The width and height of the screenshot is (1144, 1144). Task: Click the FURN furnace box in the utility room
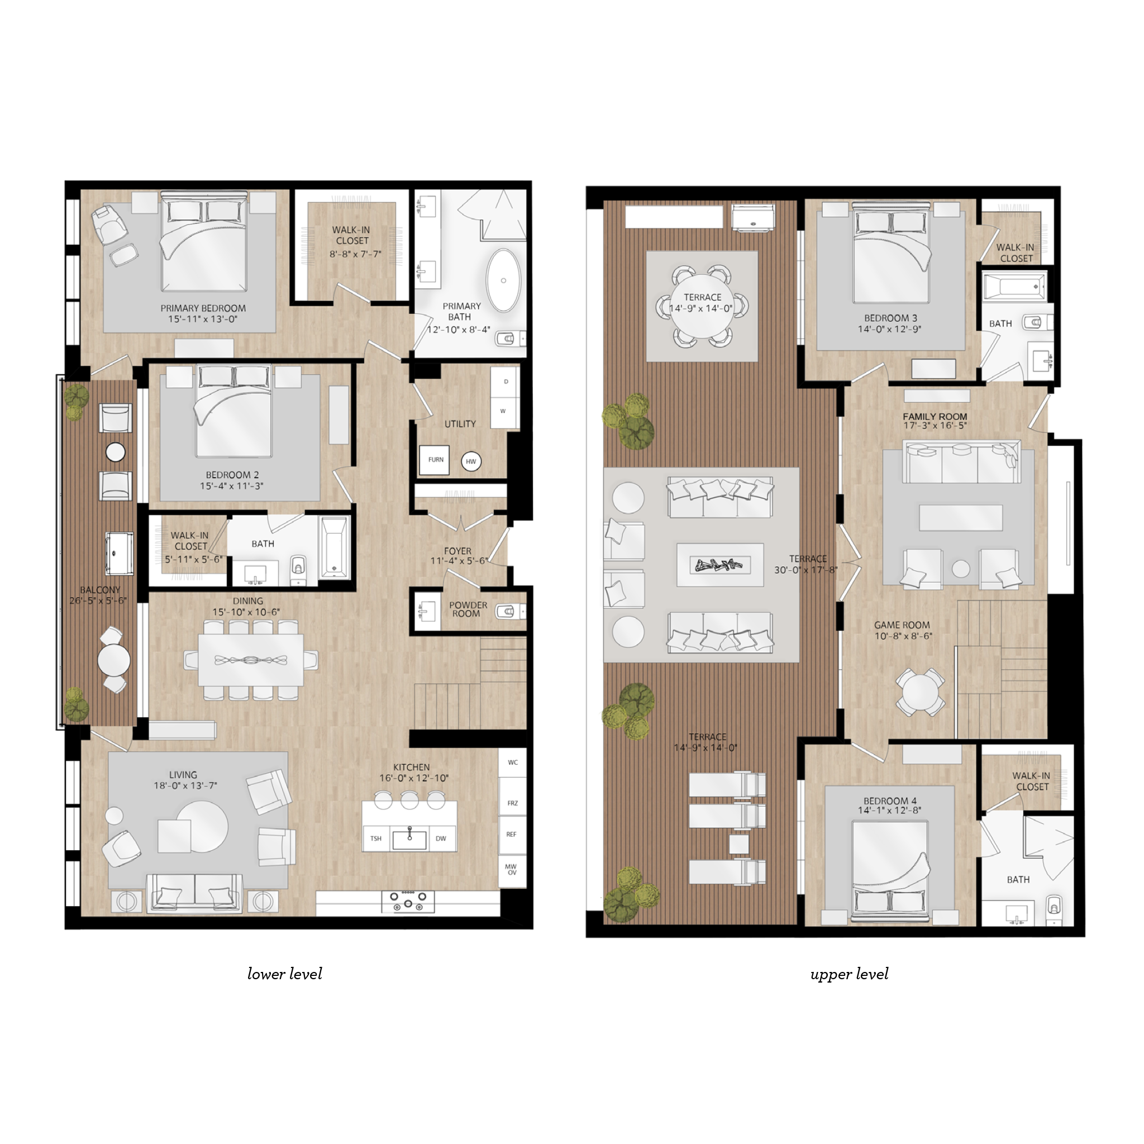(x=435, y=460)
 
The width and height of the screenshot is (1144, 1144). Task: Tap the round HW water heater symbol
(x=471, y=461)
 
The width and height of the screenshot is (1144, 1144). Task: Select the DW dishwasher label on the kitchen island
(x=441, y=838)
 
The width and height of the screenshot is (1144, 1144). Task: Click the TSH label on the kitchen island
(x=376, y=838)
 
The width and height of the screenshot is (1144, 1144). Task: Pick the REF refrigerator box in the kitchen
(x=512, y=835)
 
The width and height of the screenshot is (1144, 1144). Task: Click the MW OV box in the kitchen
(x=512, y=869)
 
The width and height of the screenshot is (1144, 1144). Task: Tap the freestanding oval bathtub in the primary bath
(x=504, y=280)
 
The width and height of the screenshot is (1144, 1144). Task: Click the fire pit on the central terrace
(x=719, y=565)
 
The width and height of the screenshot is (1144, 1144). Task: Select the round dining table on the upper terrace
(x=702, y=306)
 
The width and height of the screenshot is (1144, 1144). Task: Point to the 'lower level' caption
(x=285, y=974)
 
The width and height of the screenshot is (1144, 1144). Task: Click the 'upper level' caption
(x=849, y=975)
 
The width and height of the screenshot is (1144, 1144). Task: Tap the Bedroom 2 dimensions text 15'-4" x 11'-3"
(x=231, y=486)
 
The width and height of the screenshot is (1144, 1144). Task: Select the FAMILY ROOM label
(x=935, y=417)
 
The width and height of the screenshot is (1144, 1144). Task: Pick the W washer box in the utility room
(x=503, y=411)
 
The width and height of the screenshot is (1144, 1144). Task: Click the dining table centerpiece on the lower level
(x=251, y=660)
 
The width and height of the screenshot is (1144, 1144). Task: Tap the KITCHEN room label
(x=412, y=768)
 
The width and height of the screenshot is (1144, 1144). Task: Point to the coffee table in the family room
(x=960, y=517)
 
